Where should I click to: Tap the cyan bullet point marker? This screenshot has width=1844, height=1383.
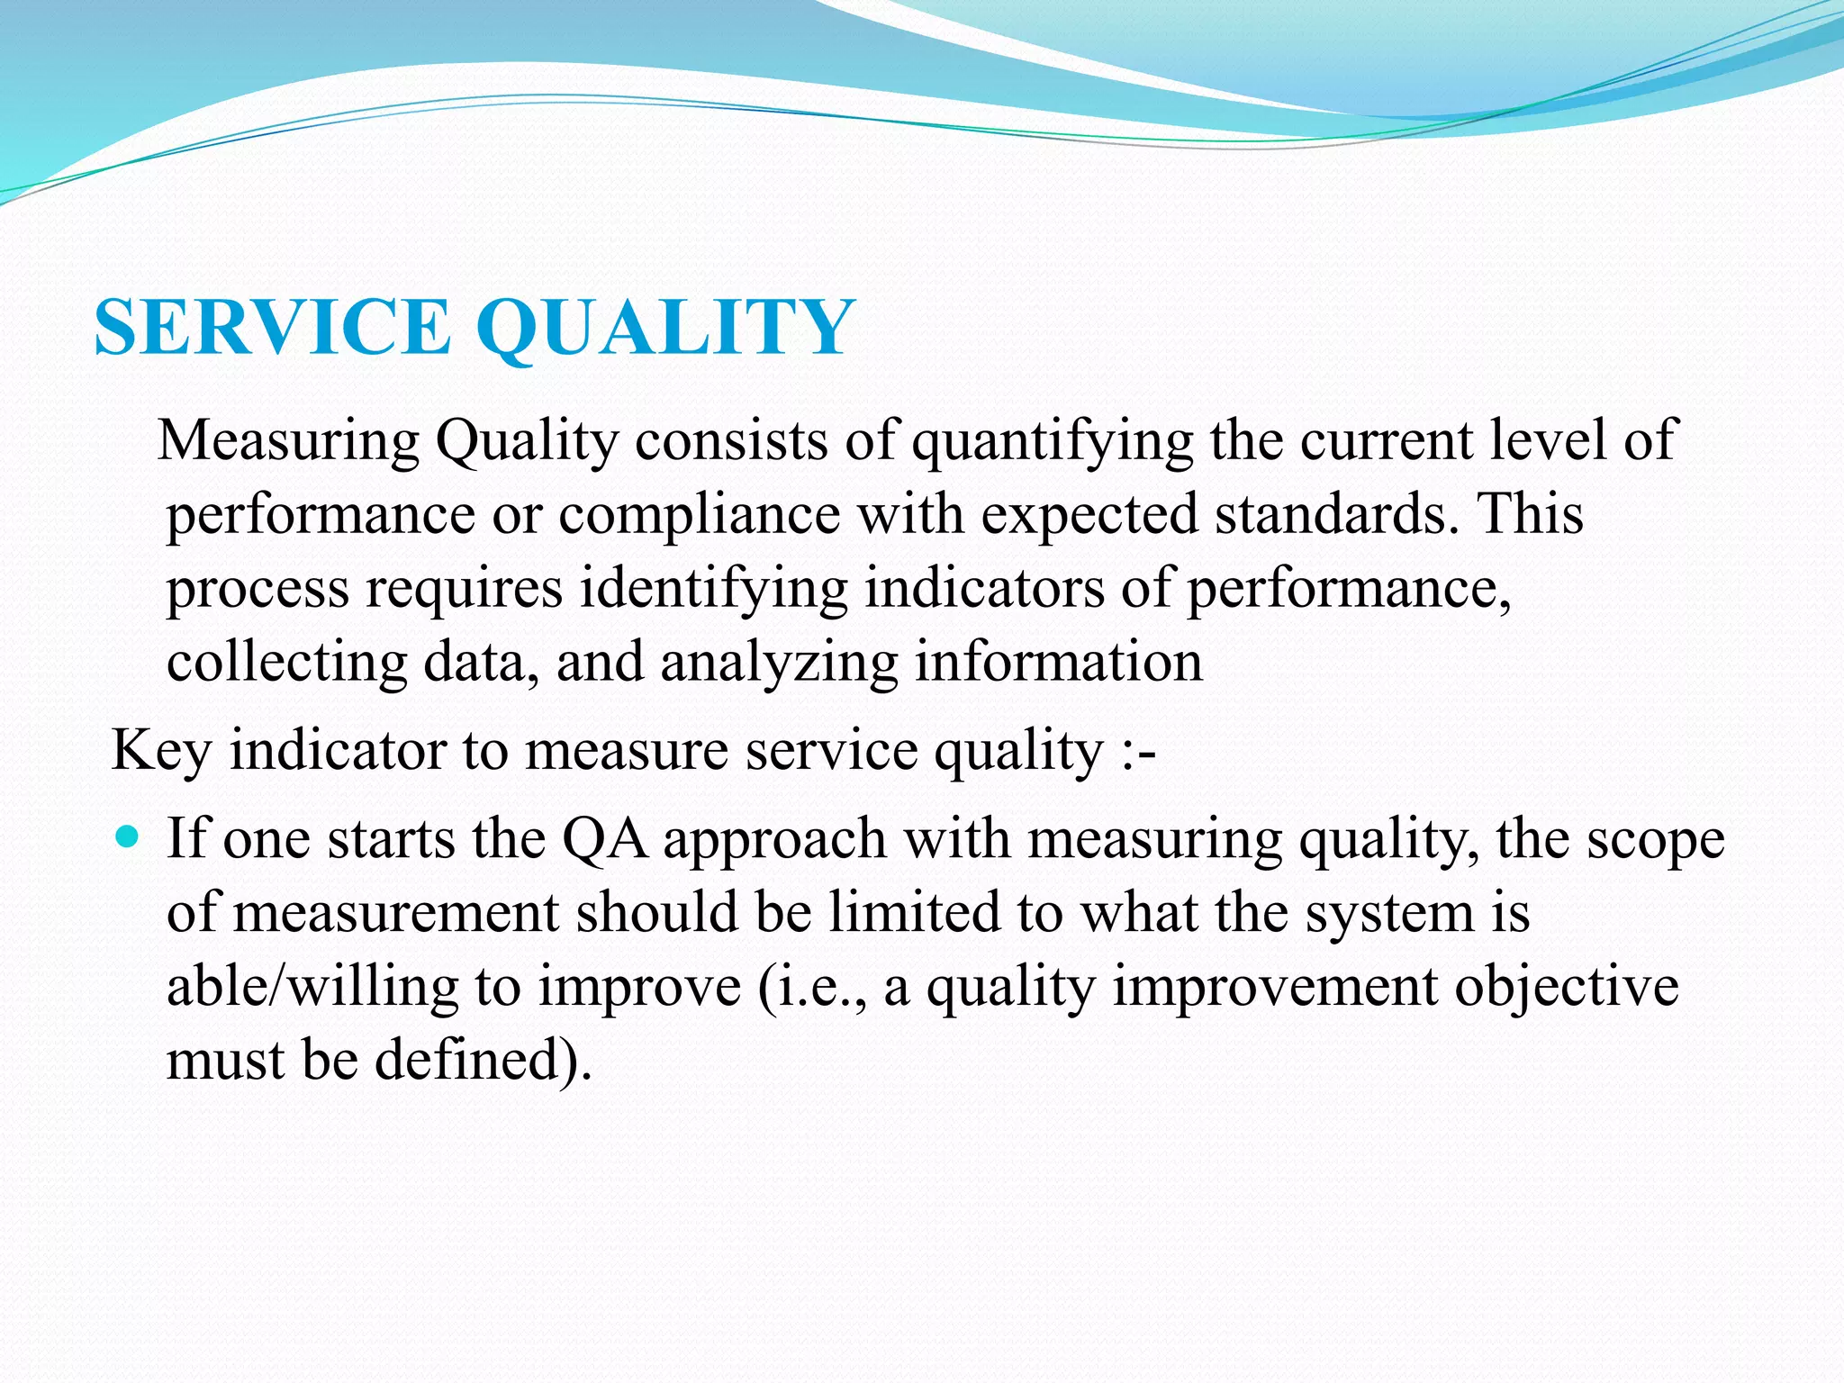[x=129, y=837]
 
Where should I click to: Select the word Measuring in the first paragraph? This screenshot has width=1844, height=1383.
[x=288, y=442]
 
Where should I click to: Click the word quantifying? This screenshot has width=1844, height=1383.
[x=1053, y=442]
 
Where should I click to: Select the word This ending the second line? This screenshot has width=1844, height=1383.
[x=1531, y=514]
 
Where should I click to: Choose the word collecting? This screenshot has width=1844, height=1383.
[x=286, y=664]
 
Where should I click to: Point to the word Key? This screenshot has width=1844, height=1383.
[x=160, y=751]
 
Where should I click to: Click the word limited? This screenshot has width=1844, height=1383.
[x=915, y=912]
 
